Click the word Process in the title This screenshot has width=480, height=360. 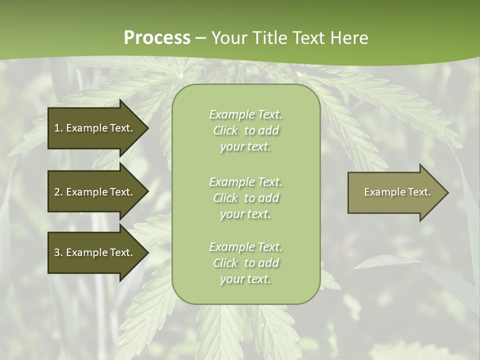[x=157, y=38]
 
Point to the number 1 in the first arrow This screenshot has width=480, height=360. [x=57, y=128]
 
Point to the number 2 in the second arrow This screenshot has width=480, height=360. [x=57, y=192]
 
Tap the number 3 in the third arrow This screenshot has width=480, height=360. [x=57, y=252]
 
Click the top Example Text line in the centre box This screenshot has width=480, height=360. [x=246, y=114]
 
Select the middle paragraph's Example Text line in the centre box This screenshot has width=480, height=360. [x=246, y=182]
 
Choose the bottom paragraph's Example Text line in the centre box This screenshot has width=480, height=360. [x=246, y=247]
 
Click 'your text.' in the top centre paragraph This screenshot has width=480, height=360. [x=245, y=147]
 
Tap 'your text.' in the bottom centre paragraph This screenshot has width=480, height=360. [x=245, y=279]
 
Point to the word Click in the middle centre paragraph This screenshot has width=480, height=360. [x=225, y=198]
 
